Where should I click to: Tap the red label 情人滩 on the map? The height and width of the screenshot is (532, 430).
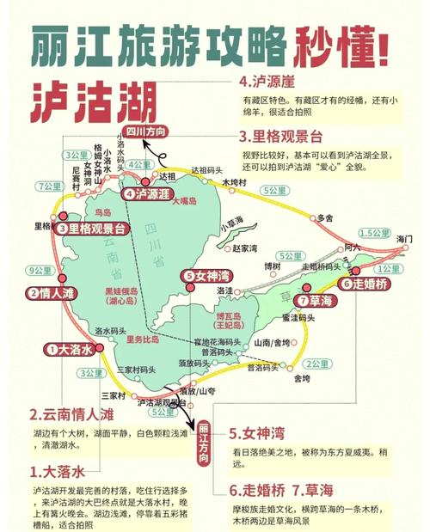(58, 292)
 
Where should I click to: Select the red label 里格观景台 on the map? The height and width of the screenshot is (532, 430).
(91, 229)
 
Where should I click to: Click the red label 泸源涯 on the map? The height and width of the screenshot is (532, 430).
(148, 194)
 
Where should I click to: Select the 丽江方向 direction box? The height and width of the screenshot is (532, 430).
(204, 443)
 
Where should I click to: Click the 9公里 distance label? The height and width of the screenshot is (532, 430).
(40, 271)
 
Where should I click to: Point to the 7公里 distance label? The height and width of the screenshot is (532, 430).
(49, 187)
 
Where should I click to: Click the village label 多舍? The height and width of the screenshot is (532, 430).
(324, 218)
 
